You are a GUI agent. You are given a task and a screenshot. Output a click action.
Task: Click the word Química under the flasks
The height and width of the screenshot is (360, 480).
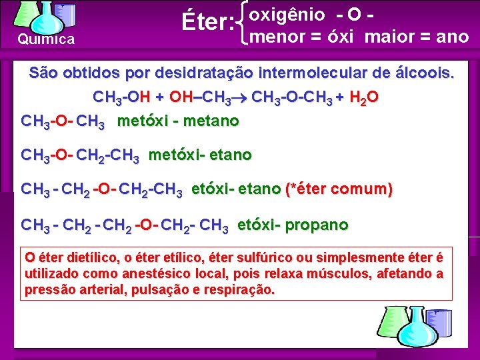46,40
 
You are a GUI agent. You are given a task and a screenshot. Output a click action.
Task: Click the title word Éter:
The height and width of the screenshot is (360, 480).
207,23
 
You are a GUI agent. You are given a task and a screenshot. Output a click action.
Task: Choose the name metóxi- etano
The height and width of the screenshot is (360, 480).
199,155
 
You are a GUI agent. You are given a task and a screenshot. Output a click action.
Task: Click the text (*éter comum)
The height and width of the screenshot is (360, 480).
339,189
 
